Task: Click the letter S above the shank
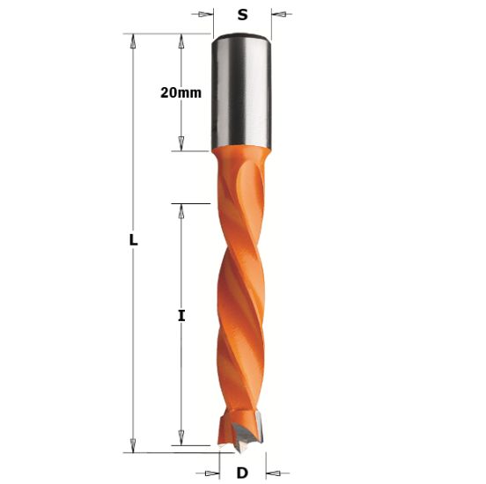[241, 14]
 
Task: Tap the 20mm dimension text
[180, 92]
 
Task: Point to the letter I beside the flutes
[181, 315]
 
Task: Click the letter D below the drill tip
[242, 472]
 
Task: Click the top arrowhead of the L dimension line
[133, 40]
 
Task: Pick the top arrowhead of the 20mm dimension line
[181, 40]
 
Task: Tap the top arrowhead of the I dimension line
[181, 209]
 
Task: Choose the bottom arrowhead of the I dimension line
[181, 437]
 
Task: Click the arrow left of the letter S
[206, 14]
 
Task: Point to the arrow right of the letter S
[278, 14]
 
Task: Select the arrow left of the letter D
[211, 472]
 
